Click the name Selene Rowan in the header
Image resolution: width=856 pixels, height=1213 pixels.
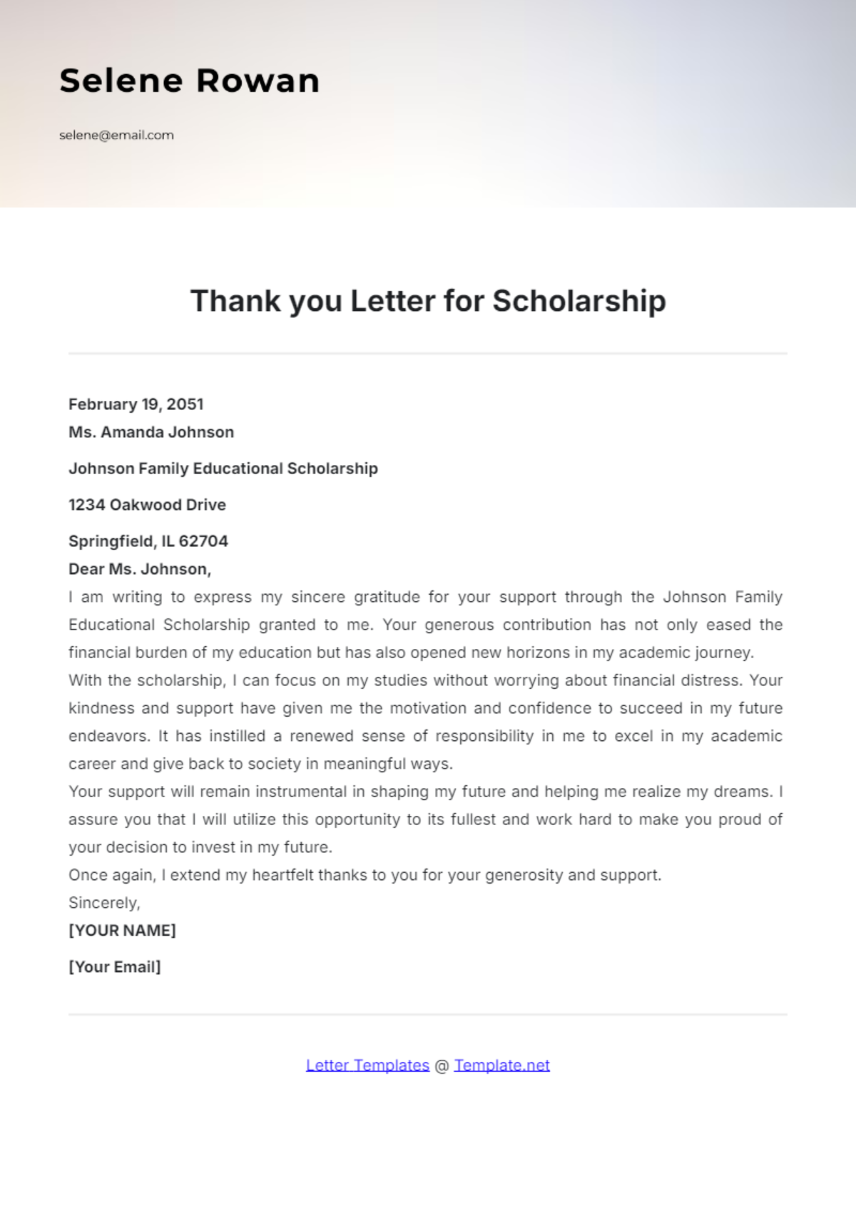189,81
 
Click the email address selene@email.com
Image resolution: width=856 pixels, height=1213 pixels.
116,135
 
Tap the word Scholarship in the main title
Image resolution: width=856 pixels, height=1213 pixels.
579,301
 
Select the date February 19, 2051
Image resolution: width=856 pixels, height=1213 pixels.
136,404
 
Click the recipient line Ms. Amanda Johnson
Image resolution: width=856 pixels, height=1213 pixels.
151,432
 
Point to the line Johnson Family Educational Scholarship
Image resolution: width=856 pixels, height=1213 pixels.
223,469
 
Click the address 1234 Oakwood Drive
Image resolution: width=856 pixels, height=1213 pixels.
147,505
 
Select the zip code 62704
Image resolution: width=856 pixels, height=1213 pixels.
203,541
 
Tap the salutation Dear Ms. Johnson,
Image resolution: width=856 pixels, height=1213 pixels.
140,569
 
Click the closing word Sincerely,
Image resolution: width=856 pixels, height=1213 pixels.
104,903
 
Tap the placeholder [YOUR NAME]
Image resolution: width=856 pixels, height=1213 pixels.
122,931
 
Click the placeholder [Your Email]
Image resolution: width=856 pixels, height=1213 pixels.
114,967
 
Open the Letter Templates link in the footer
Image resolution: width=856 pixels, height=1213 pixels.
367,1065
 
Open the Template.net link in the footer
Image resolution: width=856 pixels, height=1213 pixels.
501,1065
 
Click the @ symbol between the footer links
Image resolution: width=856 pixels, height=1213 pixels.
442,1066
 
